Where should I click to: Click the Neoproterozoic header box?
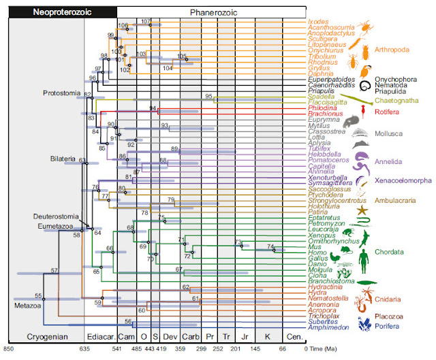coord(62,12)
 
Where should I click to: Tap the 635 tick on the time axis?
coord(84,348)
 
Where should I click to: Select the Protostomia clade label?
coord(61,93)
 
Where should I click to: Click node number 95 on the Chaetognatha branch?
coord(208,97)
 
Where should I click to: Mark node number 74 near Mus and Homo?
coord(270,246)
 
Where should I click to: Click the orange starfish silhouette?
coord(362,212)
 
